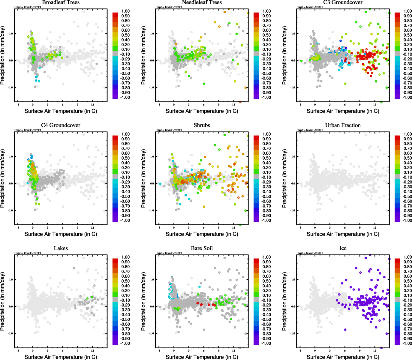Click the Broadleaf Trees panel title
pyautogui.click(x=61, y=2)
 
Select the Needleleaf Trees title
pyautogui.click(x=202, y=2)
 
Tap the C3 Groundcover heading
pyautogui.click(x=343, y=2)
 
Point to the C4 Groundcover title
pyautogui.click(x=61, y=125)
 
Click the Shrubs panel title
pyautogui.click(x=202, y=125)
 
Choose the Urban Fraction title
pyautogui.click(x=343, y=125)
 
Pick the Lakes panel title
pyautogui.click(x=61, y=248)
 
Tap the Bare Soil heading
pyautogui.click(x=202, y=248)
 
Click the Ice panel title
pyautogui.click(x=343, y=248)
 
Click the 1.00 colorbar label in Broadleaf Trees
pyautogui.click(x=125, y=11)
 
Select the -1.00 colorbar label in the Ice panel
pyautogui.click(x=407, y=343)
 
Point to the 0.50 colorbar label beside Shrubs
pyautogui.click(x=266, y=158)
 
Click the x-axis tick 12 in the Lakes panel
pyautogui.click(x=92, y=350)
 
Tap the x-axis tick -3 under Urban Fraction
pyautogui.click(x=300, y=227)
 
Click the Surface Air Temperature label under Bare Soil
pyautogui.click(x=202, y=357)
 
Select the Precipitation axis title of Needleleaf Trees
pyautogui.click(x=143, y=55)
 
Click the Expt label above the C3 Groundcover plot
pyautogui.click(x=310, y=7)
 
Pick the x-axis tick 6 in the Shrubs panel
pyautogui.click(x=204, y=227)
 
